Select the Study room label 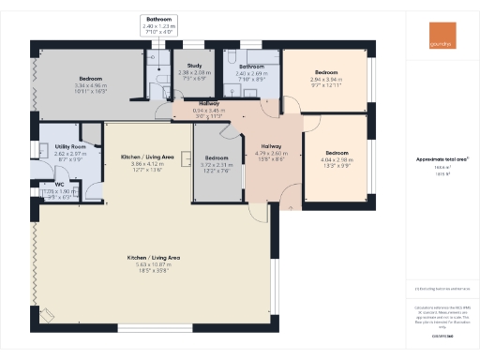click(x=194, y=66)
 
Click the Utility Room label click(x=70, y=148)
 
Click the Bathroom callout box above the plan click(x=157, y=24)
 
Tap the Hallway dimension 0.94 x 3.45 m click(x=210, y=110)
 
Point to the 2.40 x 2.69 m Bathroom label click(x=251, y=67)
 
